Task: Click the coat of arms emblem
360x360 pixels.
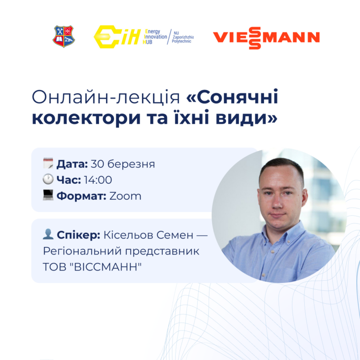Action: pyautogui.click(x=64, y=37)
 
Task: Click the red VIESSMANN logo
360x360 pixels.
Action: pyautogui.click(x=266, y=37)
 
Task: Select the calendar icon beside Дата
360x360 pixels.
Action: pyautogui.click(x=48, y=164)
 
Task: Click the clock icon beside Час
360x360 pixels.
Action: pyautogui.click(x=48, y=180)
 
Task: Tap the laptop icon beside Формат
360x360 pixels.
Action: pyautogui.click(x=48, y=195)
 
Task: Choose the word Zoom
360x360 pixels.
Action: pyautogui.click(x=125, y=196)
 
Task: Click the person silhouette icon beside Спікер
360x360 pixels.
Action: pyautogui.click(x=48, y=235)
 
